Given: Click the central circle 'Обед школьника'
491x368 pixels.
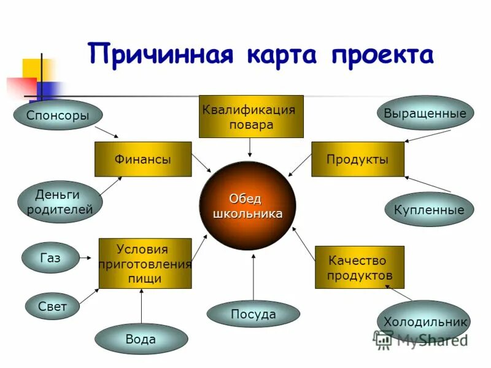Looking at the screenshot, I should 247,206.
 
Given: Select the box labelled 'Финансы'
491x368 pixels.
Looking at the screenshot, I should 142,159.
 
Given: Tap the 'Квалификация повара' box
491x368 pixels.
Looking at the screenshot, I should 250,117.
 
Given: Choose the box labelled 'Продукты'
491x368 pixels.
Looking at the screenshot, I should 358,159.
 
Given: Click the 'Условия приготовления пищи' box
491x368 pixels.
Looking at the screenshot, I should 145,264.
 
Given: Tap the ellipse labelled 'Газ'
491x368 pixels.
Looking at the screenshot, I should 50,258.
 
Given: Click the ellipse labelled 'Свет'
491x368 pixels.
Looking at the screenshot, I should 52,305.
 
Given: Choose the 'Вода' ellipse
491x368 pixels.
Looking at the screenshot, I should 141,339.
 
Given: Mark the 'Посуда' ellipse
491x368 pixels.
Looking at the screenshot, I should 253,314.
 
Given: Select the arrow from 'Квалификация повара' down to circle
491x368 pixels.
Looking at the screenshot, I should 250,147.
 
